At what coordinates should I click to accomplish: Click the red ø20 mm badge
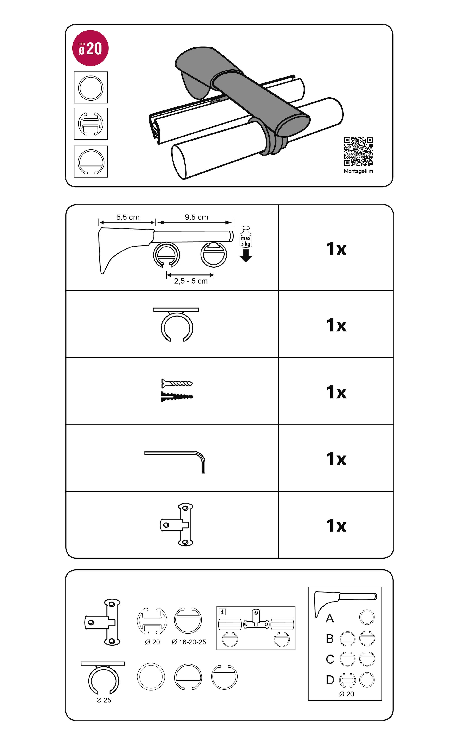(x=90, y=48)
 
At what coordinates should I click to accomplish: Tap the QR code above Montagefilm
(x=358, y=151)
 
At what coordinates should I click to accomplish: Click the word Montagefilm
(x=358, y=171)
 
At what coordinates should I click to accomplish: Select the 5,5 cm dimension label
(x=128, y=217)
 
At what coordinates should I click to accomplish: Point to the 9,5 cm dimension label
(x=197, y=217)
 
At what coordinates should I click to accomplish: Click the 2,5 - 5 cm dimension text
(x=191, y=281)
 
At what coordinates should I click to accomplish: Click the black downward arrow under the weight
(x=246, y=256)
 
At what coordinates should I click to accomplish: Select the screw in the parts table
(x=177, y=383)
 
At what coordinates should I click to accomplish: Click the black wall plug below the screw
(x=177, y=396)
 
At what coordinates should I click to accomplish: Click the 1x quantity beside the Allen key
(x=336, y=459)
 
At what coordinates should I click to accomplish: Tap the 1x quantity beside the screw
(x=336, y=392)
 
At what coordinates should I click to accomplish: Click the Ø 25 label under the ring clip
(x=104, y=700)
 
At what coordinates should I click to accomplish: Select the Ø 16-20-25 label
(x=189, y=642)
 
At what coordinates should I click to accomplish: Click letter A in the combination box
(x=330, y=618)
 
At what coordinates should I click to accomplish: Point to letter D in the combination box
(x=330, y=680)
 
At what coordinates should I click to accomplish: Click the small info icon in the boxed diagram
(x=222, y=612)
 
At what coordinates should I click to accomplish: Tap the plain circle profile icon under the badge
(x=91, y=88)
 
